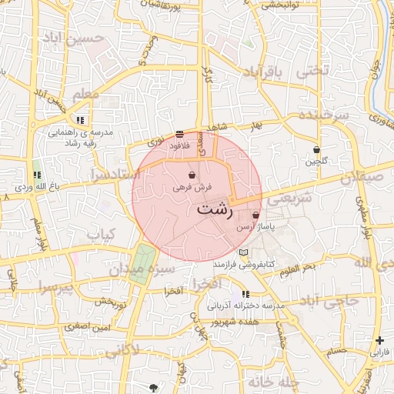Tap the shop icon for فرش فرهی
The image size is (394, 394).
coord(191,175)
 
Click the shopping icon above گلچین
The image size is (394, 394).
coord(316,149)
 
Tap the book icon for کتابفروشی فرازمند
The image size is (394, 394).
coord(244,252)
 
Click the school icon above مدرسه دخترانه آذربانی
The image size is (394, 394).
coord(245,294)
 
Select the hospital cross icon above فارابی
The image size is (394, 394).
coord(379,340)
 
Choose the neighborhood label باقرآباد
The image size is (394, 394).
coord(263,73)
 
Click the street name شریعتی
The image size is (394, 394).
coord(293,198)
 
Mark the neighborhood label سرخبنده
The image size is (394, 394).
coord(323,115)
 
